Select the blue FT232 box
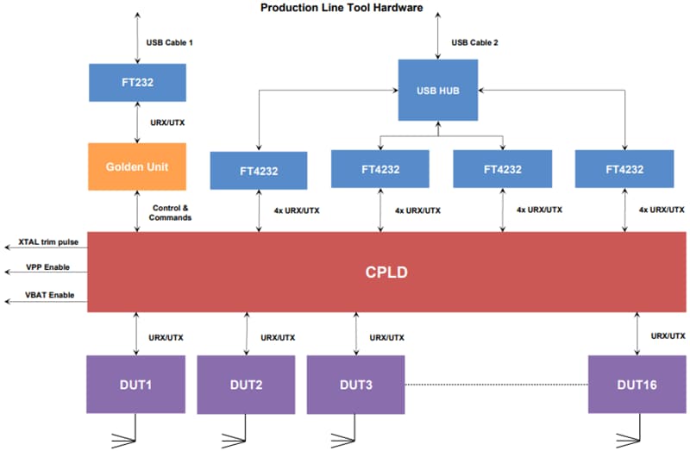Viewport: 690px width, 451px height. point(137,82)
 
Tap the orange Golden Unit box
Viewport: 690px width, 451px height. point(137,166)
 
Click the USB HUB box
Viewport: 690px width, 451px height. point(438,90)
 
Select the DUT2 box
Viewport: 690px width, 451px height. point(247,384)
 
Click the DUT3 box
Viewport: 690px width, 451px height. point(356,384)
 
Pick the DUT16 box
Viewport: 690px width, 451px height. point(637,384)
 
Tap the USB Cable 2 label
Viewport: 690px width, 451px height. point(474,42)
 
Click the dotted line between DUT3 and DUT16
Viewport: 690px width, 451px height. point(497,384)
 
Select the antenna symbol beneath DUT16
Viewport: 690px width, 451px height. point(637,430)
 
